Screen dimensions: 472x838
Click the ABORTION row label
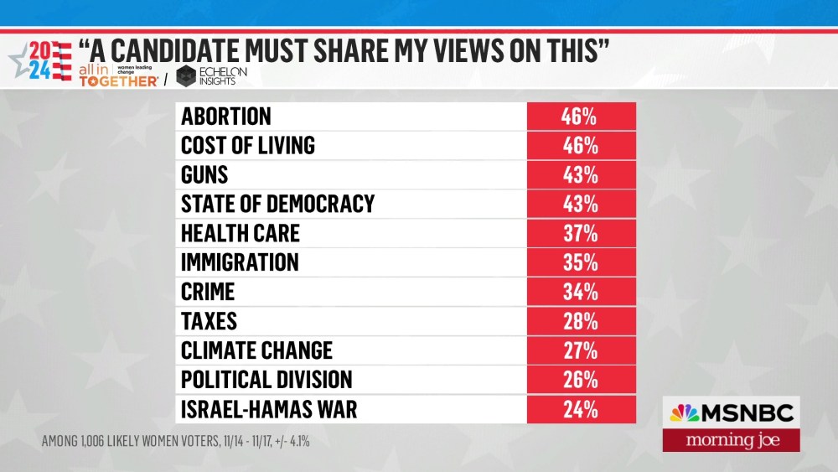[226, 117]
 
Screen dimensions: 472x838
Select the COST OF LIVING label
[248, 146]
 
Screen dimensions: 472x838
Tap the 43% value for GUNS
[580, 175]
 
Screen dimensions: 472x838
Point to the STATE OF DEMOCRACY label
[277, 205]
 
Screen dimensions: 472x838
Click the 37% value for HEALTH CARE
[580, 234]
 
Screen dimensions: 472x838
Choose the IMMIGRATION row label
[240, 263]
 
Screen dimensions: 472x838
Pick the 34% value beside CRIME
[580, 293]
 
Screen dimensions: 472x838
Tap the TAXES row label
[209, 322]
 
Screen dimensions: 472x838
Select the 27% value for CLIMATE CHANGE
[580, 351]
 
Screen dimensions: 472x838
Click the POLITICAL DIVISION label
[266, 380]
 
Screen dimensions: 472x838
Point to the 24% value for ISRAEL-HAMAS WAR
[580, 409]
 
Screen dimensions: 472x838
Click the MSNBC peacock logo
[684, 413]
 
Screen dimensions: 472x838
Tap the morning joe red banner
[731, 441]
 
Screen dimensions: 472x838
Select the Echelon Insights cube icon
[185, 75]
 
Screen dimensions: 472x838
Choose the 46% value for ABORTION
[580, 117]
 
